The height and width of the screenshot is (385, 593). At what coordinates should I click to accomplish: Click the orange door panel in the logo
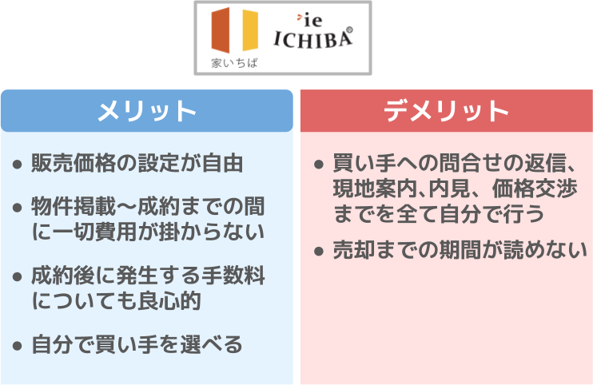[x=221, y=30]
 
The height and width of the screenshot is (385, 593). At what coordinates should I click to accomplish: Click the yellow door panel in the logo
[x=250, y=30]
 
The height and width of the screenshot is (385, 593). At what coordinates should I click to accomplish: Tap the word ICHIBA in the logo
[x=312, y=39]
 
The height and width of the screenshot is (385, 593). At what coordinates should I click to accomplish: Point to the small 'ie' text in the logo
[x=312, y=21]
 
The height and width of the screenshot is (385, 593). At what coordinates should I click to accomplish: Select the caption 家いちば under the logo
[x=234, y=63]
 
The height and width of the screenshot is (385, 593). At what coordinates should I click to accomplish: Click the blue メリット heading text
[x=147, y=111]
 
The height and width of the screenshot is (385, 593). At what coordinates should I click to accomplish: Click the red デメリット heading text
[x=446, y=111]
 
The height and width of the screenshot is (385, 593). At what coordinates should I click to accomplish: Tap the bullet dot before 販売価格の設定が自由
[x=17, y=165]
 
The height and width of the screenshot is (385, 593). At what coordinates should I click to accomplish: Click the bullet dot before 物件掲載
[x=17, y=208]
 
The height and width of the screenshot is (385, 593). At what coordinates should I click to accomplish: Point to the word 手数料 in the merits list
[x=233, y=276]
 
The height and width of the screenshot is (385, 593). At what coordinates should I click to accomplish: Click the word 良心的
[x=169, y=301]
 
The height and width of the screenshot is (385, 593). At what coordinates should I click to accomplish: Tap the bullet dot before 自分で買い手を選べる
[x=17, y=345]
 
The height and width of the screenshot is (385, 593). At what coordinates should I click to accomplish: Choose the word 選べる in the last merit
[x=211, y=344]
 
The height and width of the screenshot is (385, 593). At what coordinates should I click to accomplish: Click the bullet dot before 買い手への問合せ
[x=319, y=165]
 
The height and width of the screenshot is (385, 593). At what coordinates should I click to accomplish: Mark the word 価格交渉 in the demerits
[x=535, y=189]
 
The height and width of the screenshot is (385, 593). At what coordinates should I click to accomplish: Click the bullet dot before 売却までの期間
[x=319, y=252]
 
